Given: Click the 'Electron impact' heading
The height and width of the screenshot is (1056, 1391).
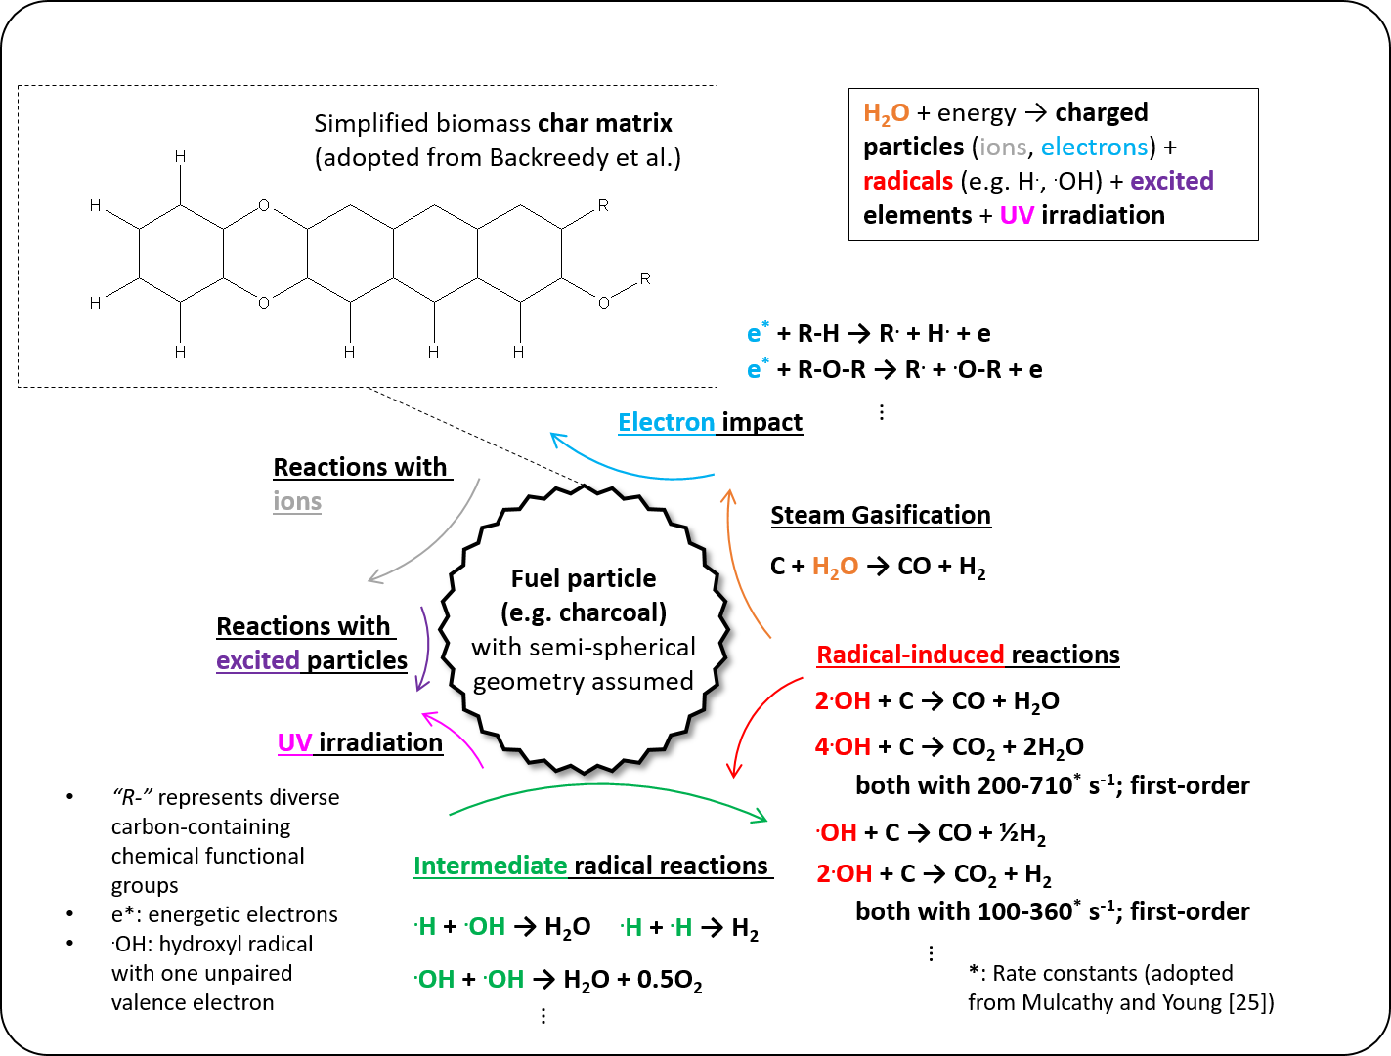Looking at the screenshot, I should (710, 422).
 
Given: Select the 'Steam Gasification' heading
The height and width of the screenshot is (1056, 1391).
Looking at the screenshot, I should (881, 515).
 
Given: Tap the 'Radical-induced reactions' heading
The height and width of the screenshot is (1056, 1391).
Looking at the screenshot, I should (968, 655).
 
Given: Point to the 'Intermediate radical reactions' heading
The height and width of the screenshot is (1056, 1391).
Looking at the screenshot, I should (591, 866).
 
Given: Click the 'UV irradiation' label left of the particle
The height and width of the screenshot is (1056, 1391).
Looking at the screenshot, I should (360, 742).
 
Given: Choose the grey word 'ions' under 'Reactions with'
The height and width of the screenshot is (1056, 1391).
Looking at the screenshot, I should (297, 501).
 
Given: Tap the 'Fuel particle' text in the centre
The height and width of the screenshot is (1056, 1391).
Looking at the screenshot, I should (584, 578).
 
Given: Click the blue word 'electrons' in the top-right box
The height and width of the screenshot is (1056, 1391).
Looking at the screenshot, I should (1094, 147).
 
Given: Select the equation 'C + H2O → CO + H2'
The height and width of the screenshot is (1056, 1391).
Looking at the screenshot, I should (878, 567).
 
